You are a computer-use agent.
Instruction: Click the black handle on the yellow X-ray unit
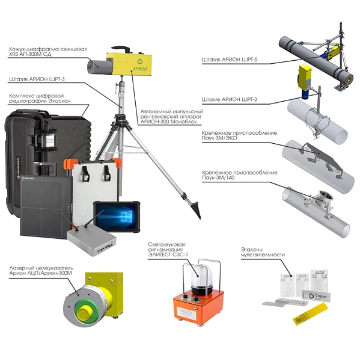pyautogui.click(x=121, y=49)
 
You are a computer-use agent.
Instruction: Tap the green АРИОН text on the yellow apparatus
pyautogui.click(x=140, y=69)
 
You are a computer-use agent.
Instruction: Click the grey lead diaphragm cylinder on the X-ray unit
pyautogui.click(x=100, y=66)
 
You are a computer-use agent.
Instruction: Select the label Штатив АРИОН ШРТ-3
pyautogui.click(x=37, y=79)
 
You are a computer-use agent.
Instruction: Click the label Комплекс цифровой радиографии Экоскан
pyautogui.click(x=40, y=98)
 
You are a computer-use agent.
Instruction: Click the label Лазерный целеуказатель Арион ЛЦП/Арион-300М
pyautogui.click(x=41, y=271)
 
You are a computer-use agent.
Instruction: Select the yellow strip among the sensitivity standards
pyautogui.click(x=310, y=314)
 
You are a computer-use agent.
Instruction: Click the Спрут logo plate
pyautogui.click(x=317, y=296)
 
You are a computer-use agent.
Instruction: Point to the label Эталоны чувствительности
pyautogui.click(x=263, y=252)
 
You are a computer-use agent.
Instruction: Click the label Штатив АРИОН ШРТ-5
pyautogui.click(x=230, y=60)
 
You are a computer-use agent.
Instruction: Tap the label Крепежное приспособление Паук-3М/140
pyautogui.click(x=239, y=175)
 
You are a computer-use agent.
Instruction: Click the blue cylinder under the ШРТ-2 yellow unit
pyautogui.click(x=305, y=94)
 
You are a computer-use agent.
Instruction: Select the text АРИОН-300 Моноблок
pyautogui.click(x=169, y=122)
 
